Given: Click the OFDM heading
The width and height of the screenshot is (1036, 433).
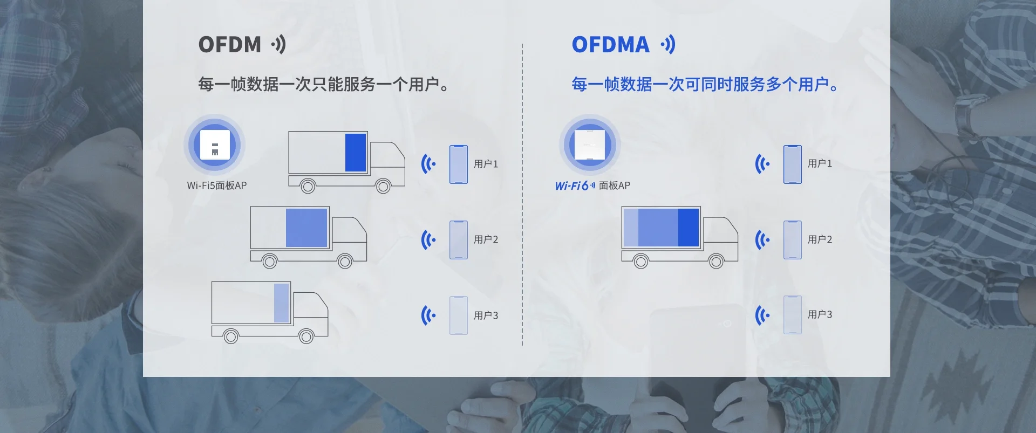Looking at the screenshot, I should pyautogui.click(x=230, y=45).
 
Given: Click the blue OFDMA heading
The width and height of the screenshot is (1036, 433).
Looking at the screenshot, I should pyautogui.click(x=610, y=45).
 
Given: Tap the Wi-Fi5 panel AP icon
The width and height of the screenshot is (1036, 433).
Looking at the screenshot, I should pyautogui.click(x=215, y=145).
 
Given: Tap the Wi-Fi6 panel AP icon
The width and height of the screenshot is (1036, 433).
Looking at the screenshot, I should pyautogui.click(x=589, y=145).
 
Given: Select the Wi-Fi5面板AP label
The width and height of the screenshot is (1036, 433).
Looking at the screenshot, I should pyautogui.click(x=216, y=185).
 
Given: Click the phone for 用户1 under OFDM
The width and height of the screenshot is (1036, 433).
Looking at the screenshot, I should pyautogui.click(x=459, y=164).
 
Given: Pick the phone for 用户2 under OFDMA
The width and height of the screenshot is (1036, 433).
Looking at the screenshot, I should pyautogui.click(x=792, y=240).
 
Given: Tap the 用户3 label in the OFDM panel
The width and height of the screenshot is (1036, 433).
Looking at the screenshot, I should pyautogui.click(x=486, y=315).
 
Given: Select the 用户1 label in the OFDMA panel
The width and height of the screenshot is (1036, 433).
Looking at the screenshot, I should pyautogui.click(x=820, y=163).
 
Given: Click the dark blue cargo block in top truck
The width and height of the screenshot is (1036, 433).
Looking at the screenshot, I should pyautogui.click(x=356, y=153).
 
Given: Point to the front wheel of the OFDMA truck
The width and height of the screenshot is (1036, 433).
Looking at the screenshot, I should pyautogui.click(x=716, y=262).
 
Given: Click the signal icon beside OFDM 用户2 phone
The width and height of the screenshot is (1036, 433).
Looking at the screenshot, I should pyautogui.click(x=428, y=240).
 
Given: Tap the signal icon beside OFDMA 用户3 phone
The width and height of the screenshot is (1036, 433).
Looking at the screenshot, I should pyautogui.click(x=762, y=315).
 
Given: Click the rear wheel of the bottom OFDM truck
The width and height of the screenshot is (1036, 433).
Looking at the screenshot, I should pyautogui.click(x=231, y=337).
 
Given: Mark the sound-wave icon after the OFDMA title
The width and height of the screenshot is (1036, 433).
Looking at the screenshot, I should pyautogui.click(x=668, y=45).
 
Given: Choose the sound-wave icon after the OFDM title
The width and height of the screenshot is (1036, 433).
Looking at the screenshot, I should pyautogui.click(x=278, y=45).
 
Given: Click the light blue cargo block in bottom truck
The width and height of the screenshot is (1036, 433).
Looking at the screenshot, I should pyautogui.click(x=281, y=303).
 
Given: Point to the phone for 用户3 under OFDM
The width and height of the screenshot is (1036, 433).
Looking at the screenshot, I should pyautogui.click(x=459, y=315).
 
